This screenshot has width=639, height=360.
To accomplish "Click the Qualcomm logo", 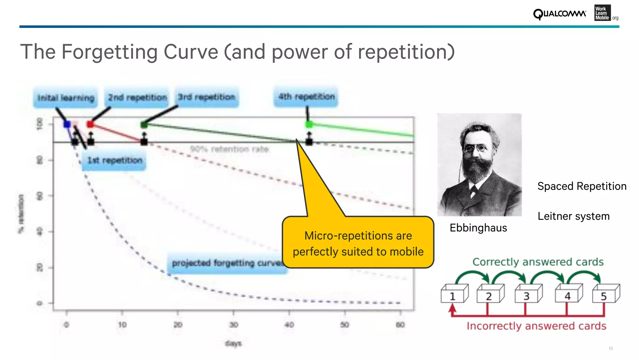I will tap(559, 14).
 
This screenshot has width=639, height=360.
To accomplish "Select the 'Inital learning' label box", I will tap(66, 98).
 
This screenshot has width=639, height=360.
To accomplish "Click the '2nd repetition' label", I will tap(137, 97).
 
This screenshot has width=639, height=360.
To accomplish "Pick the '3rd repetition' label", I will tap(207, 97).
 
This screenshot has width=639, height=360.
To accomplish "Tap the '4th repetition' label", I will tap(306, 97).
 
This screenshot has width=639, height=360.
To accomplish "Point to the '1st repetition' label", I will tap(115, 160).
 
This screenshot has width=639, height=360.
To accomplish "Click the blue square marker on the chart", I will tap(67, 124).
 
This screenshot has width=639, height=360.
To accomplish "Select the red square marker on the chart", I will tap(90, 124).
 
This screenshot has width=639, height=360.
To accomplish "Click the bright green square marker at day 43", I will tap(309, 124).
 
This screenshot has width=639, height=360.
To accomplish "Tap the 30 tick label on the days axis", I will tap(233, 325).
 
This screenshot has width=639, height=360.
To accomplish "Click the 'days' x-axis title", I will tap(233, 343).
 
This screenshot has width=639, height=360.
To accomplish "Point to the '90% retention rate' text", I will tap(229, 149).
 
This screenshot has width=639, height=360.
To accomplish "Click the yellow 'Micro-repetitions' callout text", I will tap(358, 244).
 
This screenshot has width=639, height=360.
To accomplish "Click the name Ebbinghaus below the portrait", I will tap(478, 228).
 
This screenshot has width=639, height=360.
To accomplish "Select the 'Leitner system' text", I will tap(573, 216).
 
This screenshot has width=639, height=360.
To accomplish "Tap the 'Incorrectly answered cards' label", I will tap(536, 326).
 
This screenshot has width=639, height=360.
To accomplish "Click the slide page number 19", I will tap(611, 348).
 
